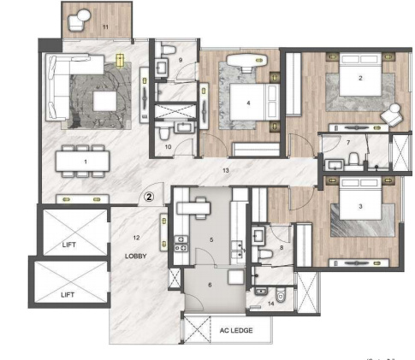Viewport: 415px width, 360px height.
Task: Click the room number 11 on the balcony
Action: click(105, 28)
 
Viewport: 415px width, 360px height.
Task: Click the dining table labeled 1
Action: click(85, 160)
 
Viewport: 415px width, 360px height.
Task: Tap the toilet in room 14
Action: click(284, 297)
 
